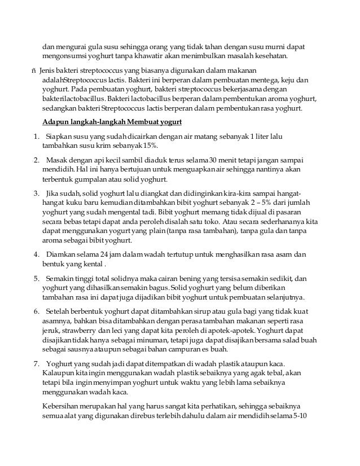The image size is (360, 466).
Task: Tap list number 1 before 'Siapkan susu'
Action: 36,137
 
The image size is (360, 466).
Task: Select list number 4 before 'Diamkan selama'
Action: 36,254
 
